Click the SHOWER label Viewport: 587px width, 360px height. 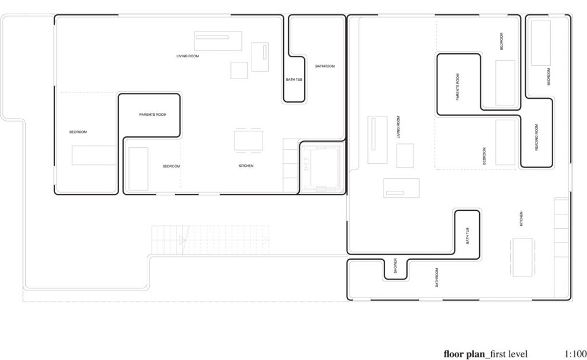point(395,265)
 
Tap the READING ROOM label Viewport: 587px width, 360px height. point(537,138)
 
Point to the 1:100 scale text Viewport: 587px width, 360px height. point(575,354)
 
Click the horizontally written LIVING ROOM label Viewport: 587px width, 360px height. point(187,56)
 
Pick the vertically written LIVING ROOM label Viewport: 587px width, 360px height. point(398,127)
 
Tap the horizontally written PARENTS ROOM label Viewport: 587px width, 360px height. point(152,115)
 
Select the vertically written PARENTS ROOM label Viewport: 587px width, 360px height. point(457,87)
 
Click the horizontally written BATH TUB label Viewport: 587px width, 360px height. point(294,80)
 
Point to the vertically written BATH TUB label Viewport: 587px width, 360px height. point(467,236)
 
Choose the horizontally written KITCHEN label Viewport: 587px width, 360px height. point(246,166)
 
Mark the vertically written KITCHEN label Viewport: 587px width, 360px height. point(521,218)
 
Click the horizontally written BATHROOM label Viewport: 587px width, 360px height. point(325,66)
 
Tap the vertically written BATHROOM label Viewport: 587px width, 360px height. point(436,277)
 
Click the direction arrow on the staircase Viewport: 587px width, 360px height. point(182,240)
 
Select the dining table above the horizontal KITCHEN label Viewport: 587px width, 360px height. point(248,140)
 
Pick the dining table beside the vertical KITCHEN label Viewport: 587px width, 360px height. point(522,257)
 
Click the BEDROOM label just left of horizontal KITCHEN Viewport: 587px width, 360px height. point(171,166)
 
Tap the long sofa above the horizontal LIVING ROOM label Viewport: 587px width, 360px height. point(218,41)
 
